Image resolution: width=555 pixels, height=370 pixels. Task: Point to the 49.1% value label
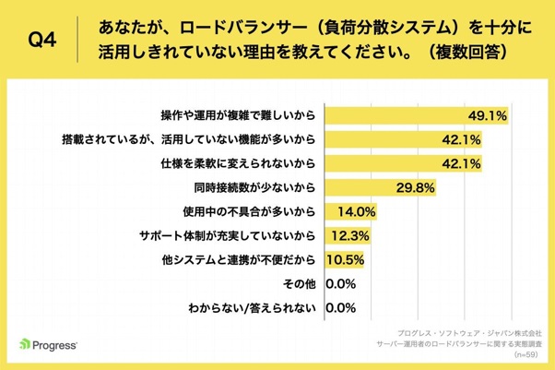(x=490, y=116)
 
